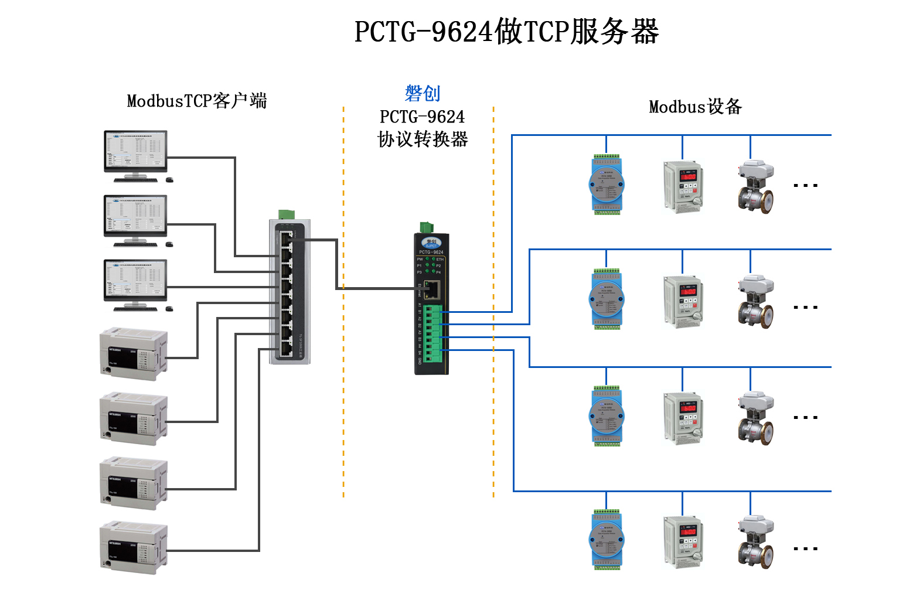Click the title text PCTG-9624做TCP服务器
(506, 32)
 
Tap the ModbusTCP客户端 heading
(197, 101)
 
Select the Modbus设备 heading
(695, 107)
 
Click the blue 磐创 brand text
(422, 93)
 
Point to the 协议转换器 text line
(423, 139)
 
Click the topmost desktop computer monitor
(135, 151)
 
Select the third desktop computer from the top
(135, 281)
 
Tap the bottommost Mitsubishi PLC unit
(134, 548)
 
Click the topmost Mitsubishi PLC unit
(134, 354)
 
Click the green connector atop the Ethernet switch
(287, 214)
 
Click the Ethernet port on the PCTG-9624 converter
(432, 288)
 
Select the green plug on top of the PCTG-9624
(427, 228)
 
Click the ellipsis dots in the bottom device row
(805, 549)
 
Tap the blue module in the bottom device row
(607, 540)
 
